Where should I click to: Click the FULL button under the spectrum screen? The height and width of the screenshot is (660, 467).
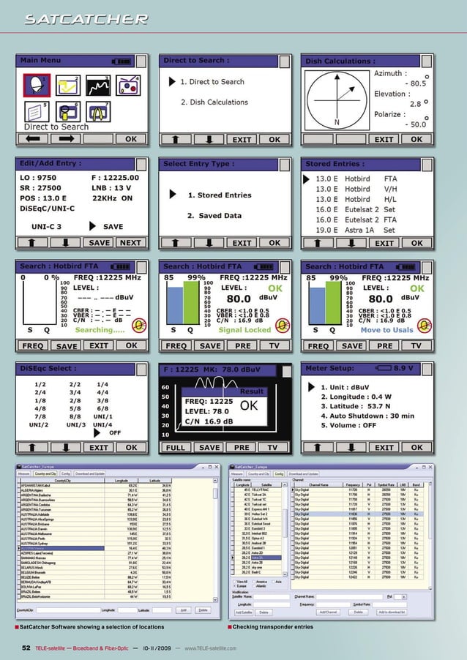point(176,447)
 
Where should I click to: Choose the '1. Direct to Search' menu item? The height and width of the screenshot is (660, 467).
point(212,82)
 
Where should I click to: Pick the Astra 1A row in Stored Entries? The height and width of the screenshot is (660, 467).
point(359,230)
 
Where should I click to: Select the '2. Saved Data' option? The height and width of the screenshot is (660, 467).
point(214,216)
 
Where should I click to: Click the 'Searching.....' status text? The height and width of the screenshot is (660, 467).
point(100,330)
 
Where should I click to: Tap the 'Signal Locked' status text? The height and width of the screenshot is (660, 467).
point(244,330)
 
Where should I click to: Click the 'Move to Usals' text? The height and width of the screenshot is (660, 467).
point(386,330)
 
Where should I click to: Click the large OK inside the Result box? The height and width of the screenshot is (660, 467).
point(250,405)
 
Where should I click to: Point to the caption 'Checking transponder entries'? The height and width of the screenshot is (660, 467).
point(272,627)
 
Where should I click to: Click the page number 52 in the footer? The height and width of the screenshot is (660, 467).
point(26,648)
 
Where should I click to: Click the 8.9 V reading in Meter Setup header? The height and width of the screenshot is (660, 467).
point(408,368)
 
